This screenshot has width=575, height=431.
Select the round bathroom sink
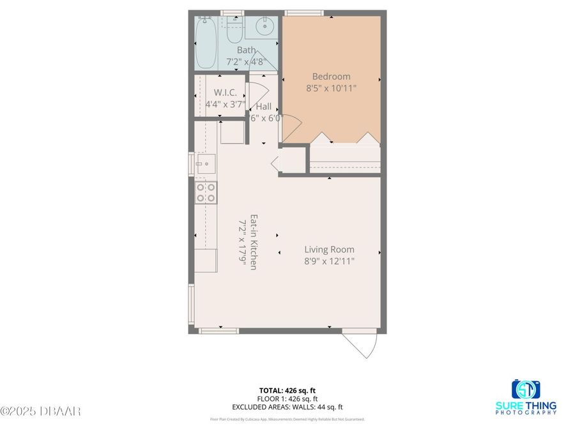264,27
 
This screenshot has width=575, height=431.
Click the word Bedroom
331,77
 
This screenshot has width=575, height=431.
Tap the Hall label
264,106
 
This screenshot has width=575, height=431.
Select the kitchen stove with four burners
206,192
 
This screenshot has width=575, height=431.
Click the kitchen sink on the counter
206,163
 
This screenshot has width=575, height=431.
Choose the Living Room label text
329,250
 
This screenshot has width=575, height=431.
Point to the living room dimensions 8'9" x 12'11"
329,261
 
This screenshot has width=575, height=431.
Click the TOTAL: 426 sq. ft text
287,390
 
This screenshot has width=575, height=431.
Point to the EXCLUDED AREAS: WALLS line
287,407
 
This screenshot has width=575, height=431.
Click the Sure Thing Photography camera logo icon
526,389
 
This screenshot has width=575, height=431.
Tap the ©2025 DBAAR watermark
40,411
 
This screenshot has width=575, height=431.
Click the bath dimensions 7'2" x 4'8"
246,62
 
